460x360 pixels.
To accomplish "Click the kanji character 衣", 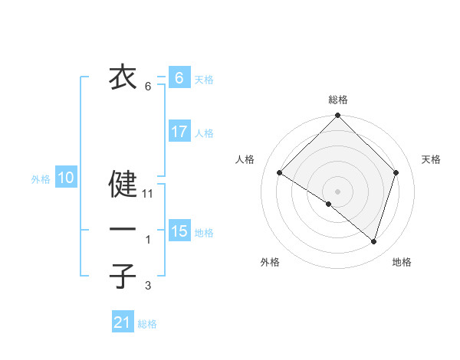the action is (123, 77).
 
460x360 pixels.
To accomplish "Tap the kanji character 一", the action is (123, 230).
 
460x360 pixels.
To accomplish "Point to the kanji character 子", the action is (123, 276).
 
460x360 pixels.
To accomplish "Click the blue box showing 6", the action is (179, 77).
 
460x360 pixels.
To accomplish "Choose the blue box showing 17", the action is (179, 132).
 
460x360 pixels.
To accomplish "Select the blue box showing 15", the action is (179, 231).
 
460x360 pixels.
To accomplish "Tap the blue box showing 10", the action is (65, 178).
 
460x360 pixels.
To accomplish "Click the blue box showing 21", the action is (123, 322).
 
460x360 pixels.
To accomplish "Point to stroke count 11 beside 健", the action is (149, 194).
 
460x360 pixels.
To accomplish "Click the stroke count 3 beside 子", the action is (148, 286).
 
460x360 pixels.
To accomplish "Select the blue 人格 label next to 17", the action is (204, 133).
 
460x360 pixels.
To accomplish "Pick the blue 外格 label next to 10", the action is (41, 180).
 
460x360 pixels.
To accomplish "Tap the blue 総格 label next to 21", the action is (147, 324).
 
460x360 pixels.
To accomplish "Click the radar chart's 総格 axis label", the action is (338, 100).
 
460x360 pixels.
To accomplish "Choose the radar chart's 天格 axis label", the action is (431, 159).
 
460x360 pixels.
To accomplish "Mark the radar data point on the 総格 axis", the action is (337, 116).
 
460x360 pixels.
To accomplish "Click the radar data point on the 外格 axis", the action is (329, 204).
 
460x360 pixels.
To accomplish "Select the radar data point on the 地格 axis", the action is (373, 241).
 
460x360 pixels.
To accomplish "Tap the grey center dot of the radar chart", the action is (337, 191).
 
